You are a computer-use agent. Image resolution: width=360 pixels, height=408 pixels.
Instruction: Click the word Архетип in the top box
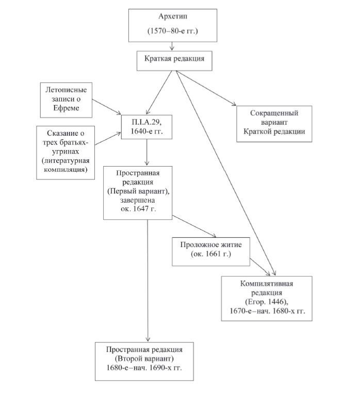point(173,17)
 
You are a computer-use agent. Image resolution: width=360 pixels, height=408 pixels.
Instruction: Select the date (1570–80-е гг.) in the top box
point(173,31)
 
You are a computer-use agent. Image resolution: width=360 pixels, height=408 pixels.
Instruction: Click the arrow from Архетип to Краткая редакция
point(172,46)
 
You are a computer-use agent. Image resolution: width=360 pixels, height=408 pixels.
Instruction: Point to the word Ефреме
point(66,108)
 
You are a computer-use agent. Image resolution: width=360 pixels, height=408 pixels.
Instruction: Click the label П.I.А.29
point(146,122)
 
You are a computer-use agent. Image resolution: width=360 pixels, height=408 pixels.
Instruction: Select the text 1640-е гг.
point(146,131)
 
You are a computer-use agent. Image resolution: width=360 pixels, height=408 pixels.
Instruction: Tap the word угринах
point(66,152)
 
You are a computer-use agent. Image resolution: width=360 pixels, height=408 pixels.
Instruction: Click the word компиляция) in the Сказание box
point(66,170)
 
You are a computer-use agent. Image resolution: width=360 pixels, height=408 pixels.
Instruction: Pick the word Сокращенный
point(274,113)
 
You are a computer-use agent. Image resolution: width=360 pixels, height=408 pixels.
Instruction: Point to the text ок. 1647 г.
point(138,209)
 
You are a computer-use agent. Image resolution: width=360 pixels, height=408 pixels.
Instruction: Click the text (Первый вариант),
point(138,191)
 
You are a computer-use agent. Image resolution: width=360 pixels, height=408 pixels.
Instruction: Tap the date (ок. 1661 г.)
point(211,254)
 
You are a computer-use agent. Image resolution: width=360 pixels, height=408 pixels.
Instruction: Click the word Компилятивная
point(267,284)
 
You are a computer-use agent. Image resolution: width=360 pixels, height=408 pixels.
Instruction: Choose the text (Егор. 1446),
point(267,302)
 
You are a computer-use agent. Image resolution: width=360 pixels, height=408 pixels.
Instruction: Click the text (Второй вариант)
point(144,358)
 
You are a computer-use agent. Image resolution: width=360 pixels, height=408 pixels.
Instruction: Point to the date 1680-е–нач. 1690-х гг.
point(144,368)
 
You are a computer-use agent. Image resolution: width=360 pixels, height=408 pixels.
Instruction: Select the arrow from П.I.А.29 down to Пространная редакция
point(146,152)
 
